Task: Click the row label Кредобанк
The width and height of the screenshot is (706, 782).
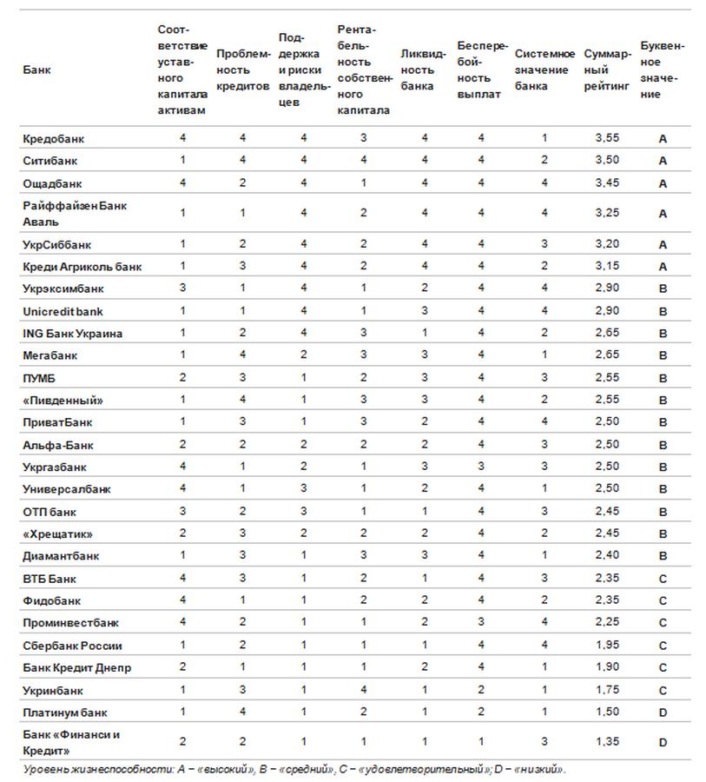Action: coord(53,138)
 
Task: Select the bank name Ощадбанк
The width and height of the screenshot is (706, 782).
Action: coord(52,183)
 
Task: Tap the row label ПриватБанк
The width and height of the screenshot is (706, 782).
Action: coord(57,422)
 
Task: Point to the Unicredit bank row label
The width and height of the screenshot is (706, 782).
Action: coord(63,311)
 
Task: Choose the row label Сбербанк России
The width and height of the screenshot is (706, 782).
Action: coord(72,646)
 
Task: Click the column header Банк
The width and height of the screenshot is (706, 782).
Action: coord(36,70)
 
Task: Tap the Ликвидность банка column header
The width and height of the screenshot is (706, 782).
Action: coord(421,70)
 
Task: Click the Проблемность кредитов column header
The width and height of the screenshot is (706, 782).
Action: coord(242,70)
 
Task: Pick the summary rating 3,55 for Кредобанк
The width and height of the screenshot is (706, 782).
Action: coord(607,138)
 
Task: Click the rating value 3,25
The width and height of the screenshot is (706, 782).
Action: coord(607,213)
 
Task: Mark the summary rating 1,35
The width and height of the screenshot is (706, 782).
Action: coord(607,742)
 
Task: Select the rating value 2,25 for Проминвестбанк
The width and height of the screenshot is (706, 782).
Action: coord(607,623)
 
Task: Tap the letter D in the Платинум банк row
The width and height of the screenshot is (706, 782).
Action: coord(663,712)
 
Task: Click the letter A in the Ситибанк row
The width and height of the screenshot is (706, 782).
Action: coord(663,161)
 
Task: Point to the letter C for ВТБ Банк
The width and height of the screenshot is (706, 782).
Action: coord(663,579)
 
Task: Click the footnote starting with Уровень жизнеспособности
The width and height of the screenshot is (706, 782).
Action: coord(294,769)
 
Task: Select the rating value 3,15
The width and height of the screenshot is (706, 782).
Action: coord(607,267)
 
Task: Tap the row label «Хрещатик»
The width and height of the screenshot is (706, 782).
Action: coord(57,533)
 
